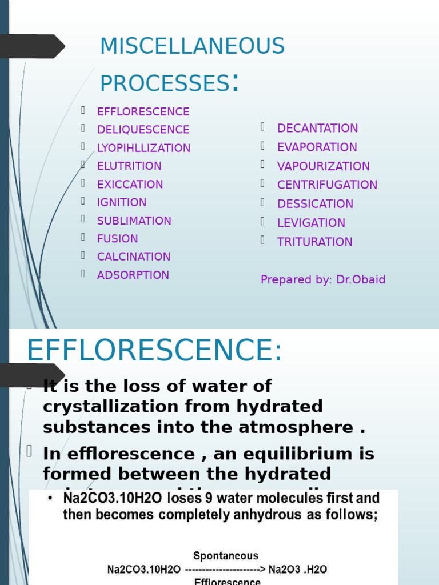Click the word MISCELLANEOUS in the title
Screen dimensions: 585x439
coord(192,46)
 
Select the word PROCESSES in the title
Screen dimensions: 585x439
coord(165,83)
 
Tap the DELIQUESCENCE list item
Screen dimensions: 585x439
coord(143,130)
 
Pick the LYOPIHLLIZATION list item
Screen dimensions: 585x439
coord(143,148)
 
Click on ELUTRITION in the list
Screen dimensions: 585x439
coord(129,166)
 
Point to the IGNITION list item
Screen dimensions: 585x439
coord(122,202)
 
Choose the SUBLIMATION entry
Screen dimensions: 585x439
coord(134,221)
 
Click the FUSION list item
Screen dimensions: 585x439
coord(117,239)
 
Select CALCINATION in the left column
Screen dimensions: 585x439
coord(134,257)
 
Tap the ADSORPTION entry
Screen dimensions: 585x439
coord(133,275)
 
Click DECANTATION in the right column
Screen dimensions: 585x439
coord(317,128)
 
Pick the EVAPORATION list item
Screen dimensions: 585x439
coord(317,147)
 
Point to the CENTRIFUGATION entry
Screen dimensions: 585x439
coord(327,185)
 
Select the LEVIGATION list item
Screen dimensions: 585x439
coord(311,223)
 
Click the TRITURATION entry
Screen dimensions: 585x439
coord(314,242)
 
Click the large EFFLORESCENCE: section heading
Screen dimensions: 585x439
coord(154,350)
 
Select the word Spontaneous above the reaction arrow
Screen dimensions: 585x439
coord(226,555)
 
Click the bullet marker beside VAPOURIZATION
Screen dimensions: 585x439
coord(263,165)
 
